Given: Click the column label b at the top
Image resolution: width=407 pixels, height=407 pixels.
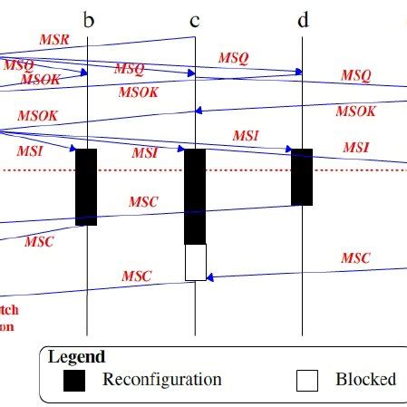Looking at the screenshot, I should [x=87, y=19].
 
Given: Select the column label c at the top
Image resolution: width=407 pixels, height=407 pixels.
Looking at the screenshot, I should [x=195, y=19].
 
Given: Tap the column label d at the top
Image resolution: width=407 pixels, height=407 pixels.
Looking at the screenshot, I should [x=302, y=19].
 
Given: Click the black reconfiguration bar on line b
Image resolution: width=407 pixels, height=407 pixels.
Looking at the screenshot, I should [x=86, y=187].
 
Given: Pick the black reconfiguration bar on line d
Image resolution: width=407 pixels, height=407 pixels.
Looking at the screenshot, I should [x=302, y=177].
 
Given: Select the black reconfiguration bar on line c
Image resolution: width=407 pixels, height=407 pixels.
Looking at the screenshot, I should [x=195, y=196].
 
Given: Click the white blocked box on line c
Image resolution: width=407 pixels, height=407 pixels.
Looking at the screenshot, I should [x=195, y=262].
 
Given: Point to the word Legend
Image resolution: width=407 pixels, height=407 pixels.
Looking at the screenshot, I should [x=76, y=357].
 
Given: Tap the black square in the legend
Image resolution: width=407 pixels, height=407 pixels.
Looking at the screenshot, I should [x=74, y=380].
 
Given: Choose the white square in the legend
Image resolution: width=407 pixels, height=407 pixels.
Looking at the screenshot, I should [x=307, y=380].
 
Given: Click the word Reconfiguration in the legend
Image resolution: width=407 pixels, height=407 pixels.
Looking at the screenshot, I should [x=161, y=379].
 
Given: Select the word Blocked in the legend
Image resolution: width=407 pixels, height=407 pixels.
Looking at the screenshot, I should [x=365, y=379].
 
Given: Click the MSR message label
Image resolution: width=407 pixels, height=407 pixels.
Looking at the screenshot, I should [x=54, y=40].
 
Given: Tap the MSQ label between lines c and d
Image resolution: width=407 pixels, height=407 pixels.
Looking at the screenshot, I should [x=234, y=57].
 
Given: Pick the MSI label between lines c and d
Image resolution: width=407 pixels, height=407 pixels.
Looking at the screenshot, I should [x=246, y=135].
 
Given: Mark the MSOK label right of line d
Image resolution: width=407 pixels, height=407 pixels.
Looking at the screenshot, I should [x=355, y=111].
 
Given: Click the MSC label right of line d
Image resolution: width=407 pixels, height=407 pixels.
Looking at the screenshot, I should [x=355, y=258].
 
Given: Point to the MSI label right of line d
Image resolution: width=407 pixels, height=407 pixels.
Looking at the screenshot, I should [x=355, y=147].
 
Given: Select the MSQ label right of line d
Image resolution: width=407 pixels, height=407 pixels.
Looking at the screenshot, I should [x=355, y=75].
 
